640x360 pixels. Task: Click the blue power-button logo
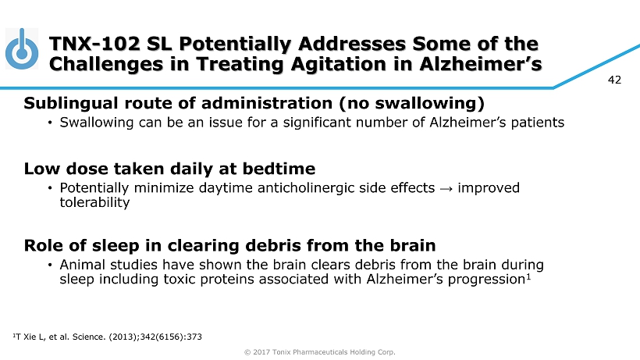pyautogui.click(x=22, y=49)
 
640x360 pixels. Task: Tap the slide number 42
pyautogui.click(x=614, y=80)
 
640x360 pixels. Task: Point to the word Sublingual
pyautogui.click(x=71, y=104)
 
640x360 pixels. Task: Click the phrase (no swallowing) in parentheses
pyautogui.click(x=411, y=104)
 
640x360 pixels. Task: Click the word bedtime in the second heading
pyautogui.click(x=279, y=169)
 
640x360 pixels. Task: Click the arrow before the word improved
pyautogui.click(x=446, y=188)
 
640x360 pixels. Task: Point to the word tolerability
pyautogui.click(x=94, y=202)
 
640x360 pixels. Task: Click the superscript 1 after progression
pyautogui.click(x=528, y=276)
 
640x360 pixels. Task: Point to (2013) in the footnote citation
pyautogui.click(x=123, y=337)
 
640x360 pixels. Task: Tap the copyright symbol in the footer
pyautogui.click(x=247, y=352)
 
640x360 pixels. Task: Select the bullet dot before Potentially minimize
pyautogui.click(x=50, y=188)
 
